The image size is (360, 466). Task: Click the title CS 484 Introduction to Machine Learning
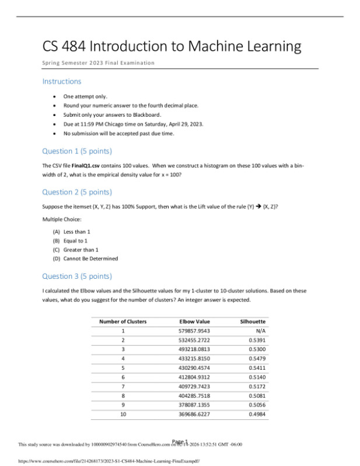pyautogui.click(x=172, y=46)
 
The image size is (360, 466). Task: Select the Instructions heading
pyautogui.click(x=62, y=81)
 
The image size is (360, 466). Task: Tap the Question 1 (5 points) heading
pyautogui.click(x=77, y=151)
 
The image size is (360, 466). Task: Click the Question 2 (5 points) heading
pyautogui.click(x=77, y=192)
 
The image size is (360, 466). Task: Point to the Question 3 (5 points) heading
pyautogui.click(x=77, y=276)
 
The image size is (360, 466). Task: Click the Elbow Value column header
pyautogui.click(x=194, y=321)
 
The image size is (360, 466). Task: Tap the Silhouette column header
pyautogui.click(x=253, y=321)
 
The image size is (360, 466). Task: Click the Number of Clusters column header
pyautogui.click(x=123, y=321)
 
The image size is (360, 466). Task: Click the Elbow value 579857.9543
pyautogui.click(x=194, y=331)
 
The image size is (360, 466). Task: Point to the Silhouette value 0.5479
pyautogui.click(x=257, y=358)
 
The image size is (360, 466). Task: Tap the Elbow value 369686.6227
pyautogui.click(x=194, y=414)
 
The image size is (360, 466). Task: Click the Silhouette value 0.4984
pyautogui.click(x=257, y=414)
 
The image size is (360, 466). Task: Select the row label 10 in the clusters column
pyautogui.click(x=123, y=414)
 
